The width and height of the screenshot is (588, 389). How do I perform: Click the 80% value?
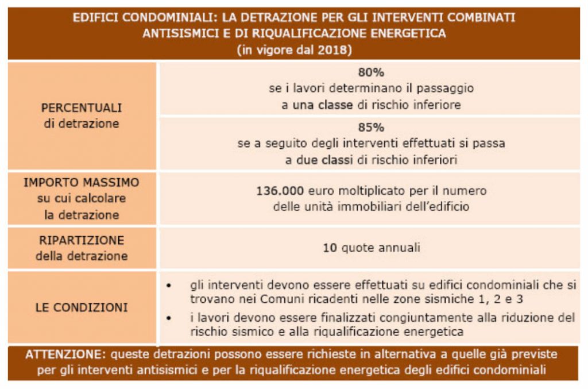pyautogui.click(x=370, y=73)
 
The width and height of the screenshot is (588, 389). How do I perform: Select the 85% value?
pyautogui.click(x=370, y=128)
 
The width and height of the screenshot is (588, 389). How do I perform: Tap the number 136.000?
pyautogui.click(x=280, y=191)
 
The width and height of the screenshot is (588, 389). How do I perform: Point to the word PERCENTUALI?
pyautogui.click(x=82, y=108)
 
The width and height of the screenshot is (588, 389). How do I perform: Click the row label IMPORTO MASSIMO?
pyautogui.click(x=82, y=183)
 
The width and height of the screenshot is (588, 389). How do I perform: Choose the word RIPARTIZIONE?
pyautogui.click(x=82, y=240)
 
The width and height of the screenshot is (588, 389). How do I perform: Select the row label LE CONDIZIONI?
pyautogui.click(x=82, y=307)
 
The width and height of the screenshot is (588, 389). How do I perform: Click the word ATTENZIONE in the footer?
pyautogui.click(x=59, y=355)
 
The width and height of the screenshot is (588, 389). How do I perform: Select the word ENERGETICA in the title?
pyautogui.click(x=410, y=33)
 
